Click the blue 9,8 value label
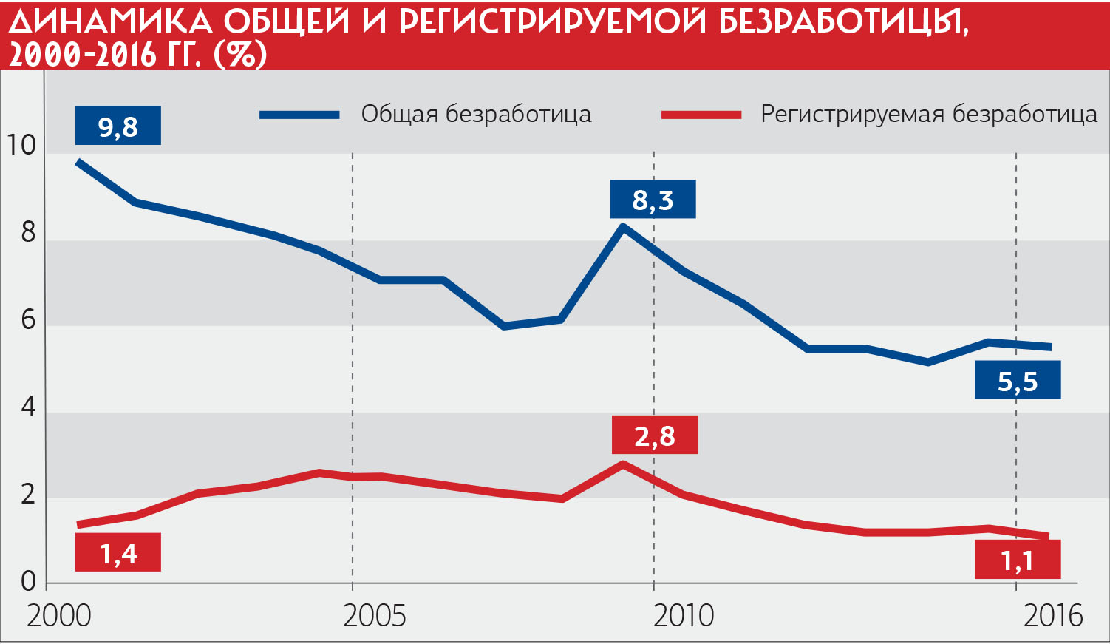click(x=118, y=126)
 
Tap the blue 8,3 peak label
click(x=653, y=200)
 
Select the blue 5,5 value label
click(x=1018, y=381)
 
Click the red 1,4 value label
click(x=118, y=552)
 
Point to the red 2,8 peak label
click(x=654, y=435)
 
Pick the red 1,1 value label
click(x=1018, y=560)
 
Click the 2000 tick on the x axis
click(x=58, y=615)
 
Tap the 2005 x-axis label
click(x=374, y=615)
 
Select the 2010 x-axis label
click(x=684, y=615)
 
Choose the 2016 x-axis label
click(x=1052, y=615)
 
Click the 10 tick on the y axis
click(x=21, y=145)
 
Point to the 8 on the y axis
click(x=28, y=232)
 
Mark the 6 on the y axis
click(x=28, y=319)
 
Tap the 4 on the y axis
click(x=28, y=406)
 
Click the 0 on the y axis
click(x=28, y=581)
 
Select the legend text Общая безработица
click(x=476, y=114)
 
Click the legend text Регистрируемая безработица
click(x=929, y=114)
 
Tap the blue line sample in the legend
click(x=299, y=115)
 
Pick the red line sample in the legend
click(x=701, y=115)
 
